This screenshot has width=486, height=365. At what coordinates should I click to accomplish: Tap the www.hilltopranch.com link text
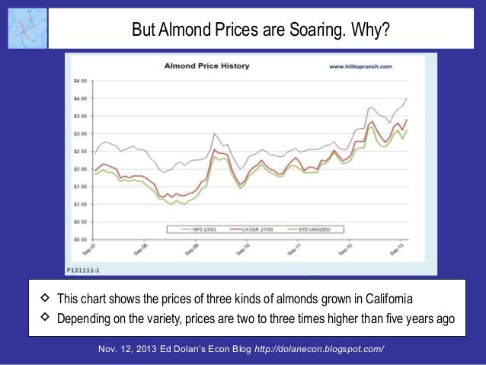pyautogui.click(x=360, y=67)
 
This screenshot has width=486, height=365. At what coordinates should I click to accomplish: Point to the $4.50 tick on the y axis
pyautogui.click(x=80, y=81)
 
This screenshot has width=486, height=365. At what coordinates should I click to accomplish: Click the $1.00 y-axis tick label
pyautogui.click(x=80, y=204)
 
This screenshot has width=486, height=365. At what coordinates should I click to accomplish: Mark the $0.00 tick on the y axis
pyautogui.click(x=80, y=239)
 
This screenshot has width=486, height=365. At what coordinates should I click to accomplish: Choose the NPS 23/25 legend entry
pyautogui.click(x=200, y=229)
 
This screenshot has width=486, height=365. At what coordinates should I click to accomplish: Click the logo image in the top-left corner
pyautogui.click(x=26, y=27)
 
